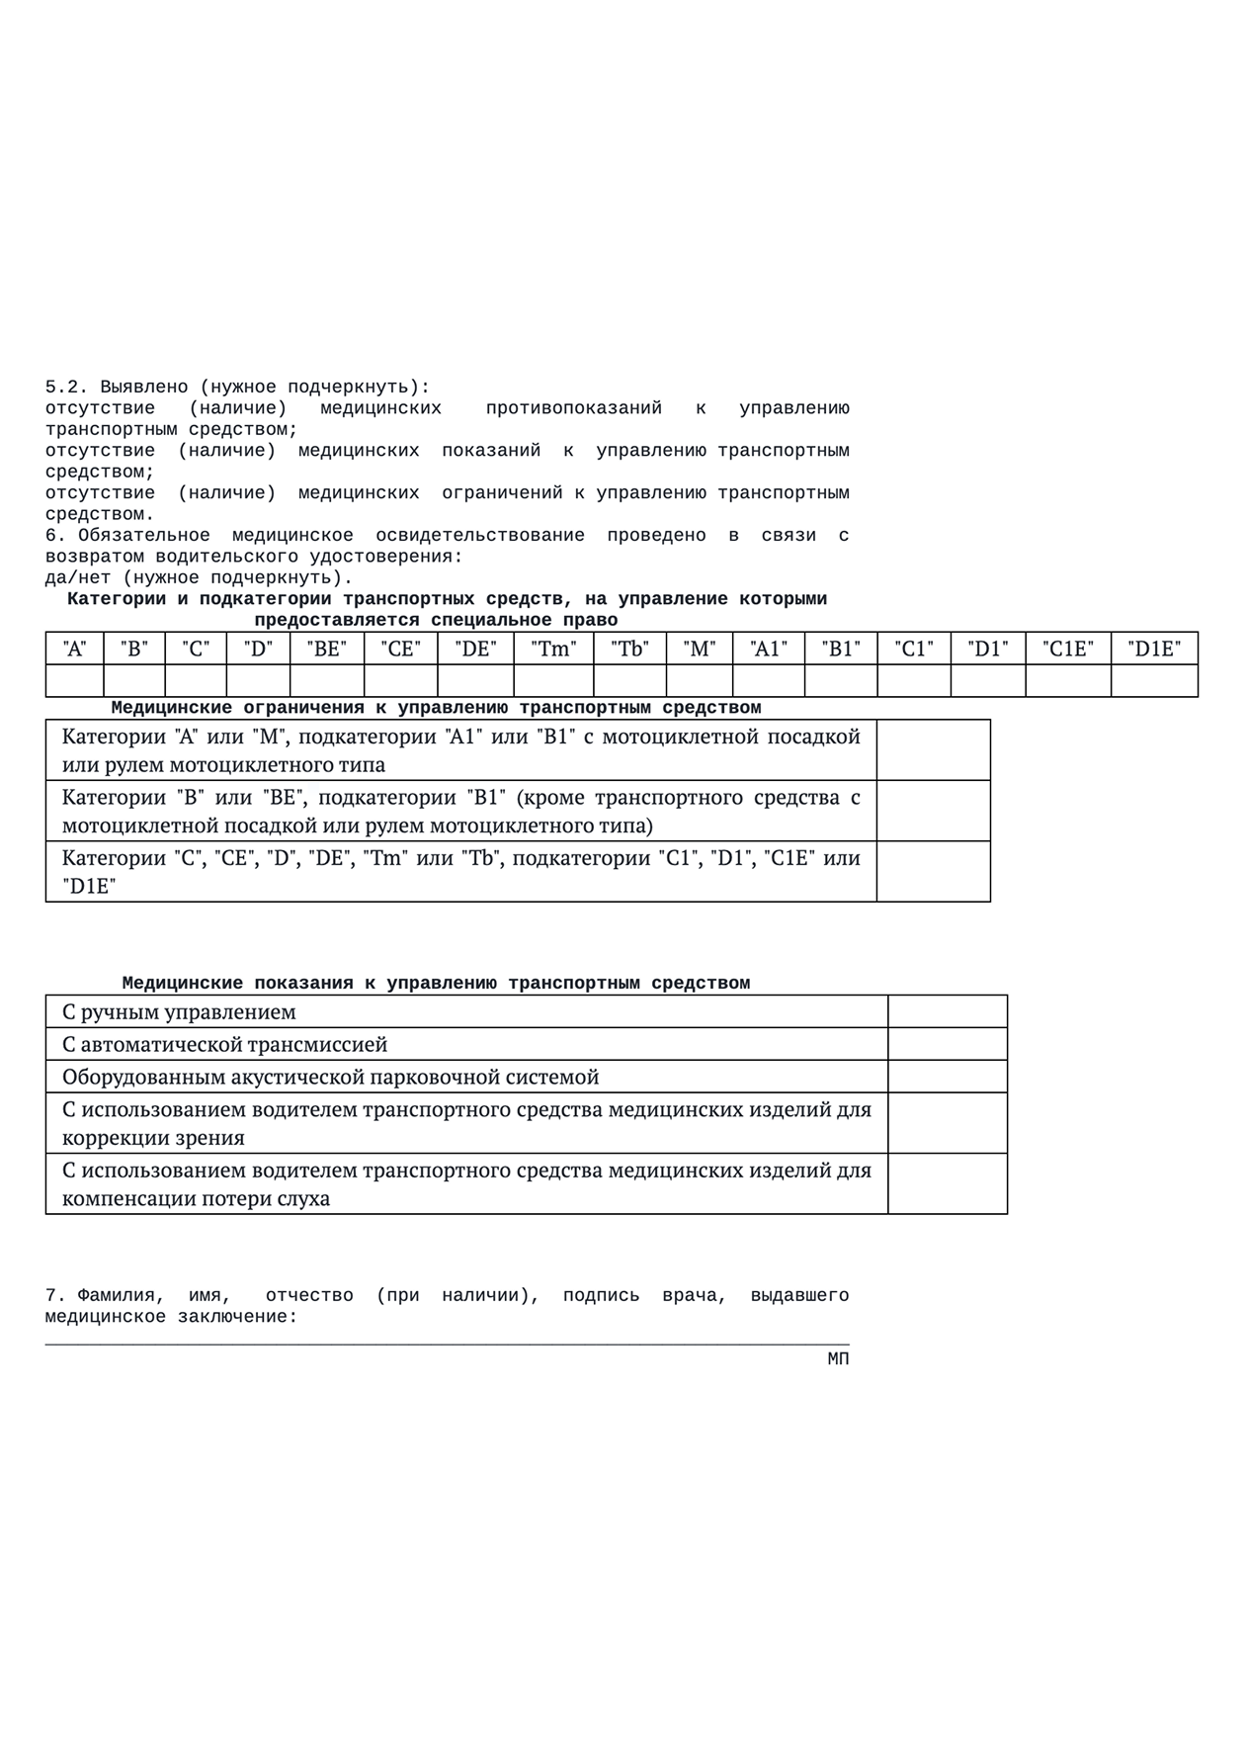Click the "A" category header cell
click(x=74, y=649)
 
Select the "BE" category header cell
click(x=326, y=649)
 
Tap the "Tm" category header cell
click(x=553, y=649)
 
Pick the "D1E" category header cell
click(x=1154, y=649)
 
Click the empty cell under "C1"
click(x=914, y=681)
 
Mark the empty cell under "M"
click(x=700, y=681)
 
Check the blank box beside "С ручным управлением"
click(x=947, y=1011)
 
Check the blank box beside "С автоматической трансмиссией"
click(x=947, y=1044)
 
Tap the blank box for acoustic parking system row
click(x=947, y=1077)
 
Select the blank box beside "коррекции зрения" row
click(x=947, y=1123)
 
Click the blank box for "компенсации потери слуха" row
click(x=947, y=1183)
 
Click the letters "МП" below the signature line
click(x=838, y=1359)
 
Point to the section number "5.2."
click(x=67, y=388)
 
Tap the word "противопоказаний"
click(x=573, y=408)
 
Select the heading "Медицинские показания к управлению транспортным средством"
click(x=436, y=983)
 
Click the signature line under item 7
click(x=447, y=1345)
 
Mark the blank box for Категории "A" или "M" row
click(x=933, y=750)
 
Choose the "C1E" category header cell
click(x=1068, y=649)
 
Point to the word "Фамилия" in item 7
click(x=117, y=1295)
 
